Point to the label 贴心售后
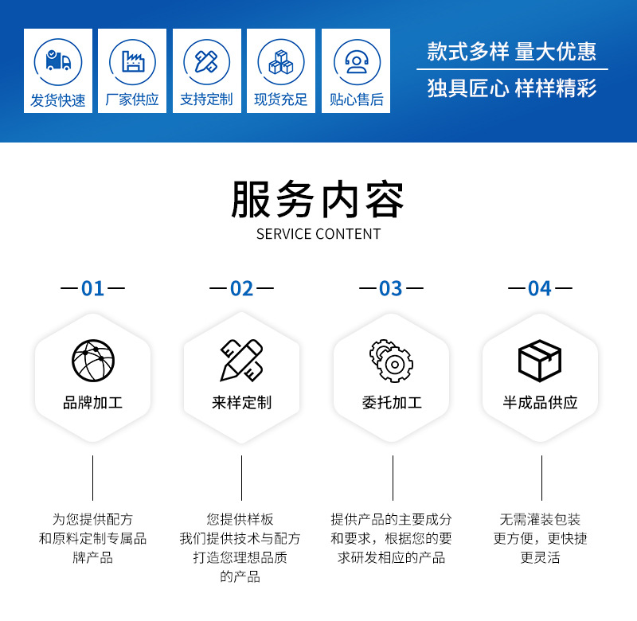(356, 100)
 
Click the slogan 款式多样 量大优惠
(511, 52)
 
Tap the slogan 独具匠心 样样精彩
(511, 88)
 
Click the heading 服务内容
(318, 200)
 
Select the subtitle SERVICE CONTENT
(318, 234)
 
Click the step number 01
(93, 288)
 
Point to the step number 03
(391, 288)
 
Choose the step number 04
(540, 288)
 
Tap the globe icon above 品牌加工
(93, 361)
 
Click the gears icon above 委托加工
(391, 361)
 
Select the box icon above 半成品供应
(540, 361)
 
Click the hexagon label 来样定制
(242, 403)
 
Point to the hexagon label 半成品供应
(540, 403)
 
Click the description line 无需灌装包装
(540, 519)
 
